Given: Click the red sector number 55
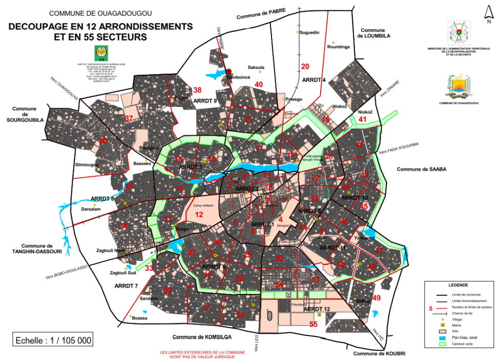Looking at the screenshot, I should tap(313, 324).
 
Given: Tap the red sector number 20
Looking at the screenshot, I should tap(305, 67).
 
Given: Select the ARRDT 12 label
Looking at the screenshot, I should tap(317, 309).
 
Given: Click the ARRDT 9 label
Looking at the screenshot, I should tap(206, 101).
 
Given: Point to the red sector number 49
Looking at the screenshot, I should tap(377, 298).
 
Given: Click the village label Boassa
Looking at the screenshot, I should tap(139, 318).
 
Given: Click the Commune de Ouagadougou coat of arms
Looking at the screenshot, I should tap(458, 86).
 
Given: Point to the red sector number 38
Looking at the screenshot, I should tap(197, 90).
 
